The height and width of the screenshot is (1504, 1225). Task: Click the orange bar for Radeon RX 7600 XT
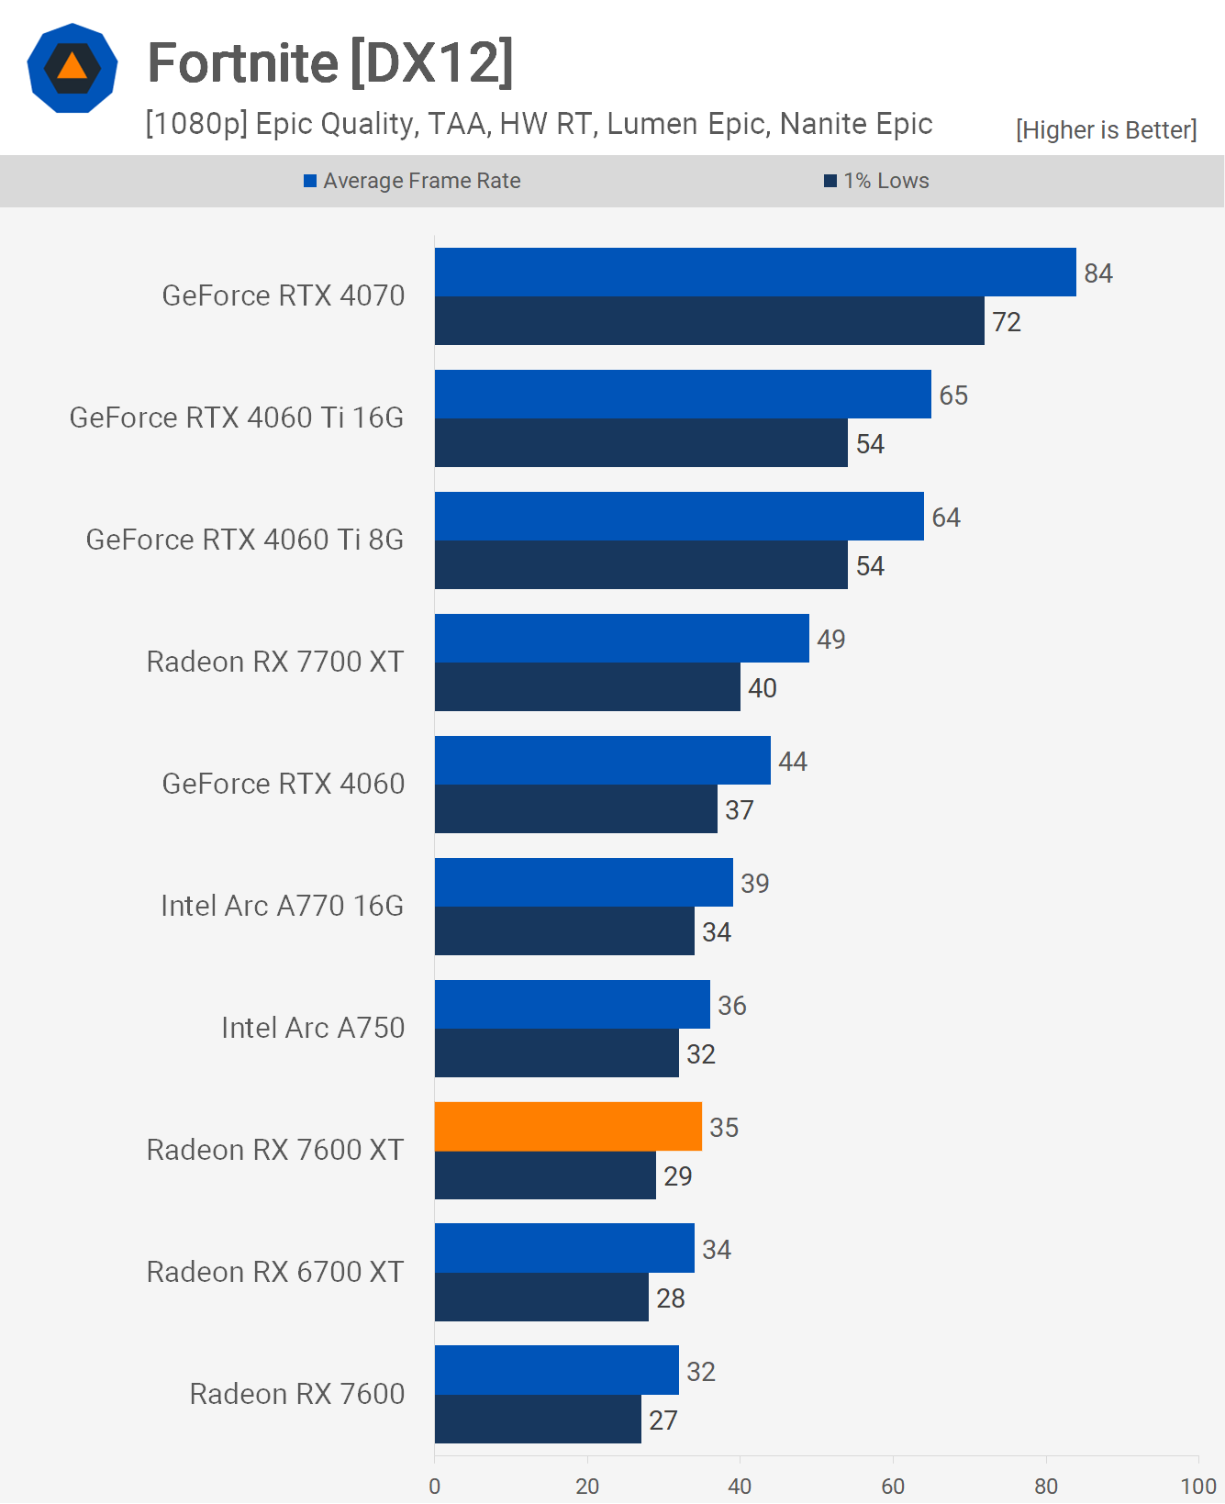point(568,1127)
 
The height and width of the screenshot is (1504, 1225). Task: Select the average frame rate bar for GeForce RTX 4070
point(754,273)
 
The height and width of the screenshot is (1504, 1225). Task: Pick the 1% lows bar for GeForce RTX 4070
point(708,321)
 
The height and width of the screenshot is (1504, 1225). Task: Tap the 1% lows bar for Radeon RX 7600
point(538,1420)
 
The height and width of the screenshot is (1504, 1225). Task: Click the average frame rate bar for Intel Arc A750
point(572,1005)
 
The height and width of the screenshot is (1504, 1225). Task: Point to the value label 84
point(1098,273)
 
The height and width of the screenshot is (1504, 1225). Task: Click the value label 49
point(831,640)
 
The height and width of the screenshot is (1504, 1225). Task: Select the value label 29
point(678,1176)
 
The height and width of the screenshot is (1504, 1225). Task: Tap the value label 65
point(953,395)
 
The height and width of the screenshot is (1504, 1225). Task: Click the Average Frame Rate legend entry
point(413,181)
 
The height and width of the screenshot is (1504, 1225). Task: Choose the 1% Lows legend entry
point(877,181)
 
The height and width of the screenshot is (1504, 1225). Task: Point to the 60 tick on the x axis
point(893,1486)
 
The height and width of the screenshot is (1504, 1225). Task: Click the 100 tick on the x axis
point(1197,1486)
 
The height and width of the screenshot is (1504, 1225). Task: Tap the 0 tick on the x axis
point(435,1486)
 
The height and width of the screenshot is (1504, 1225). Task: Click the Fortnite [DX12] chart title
point(330,62)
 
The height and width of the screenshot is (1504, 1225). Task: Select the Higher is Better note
point(1106,130)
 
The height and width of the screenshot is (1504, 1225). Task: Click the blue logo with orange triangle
point(72,68)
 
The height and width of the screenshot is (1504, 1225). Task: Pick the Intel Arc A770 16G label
point(283,906)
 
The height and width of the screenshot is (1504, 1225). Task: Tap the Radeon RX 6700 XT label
point(275,1272)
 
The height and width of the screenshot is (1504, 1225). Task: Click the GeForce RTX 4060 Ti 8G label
point(245,540)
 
